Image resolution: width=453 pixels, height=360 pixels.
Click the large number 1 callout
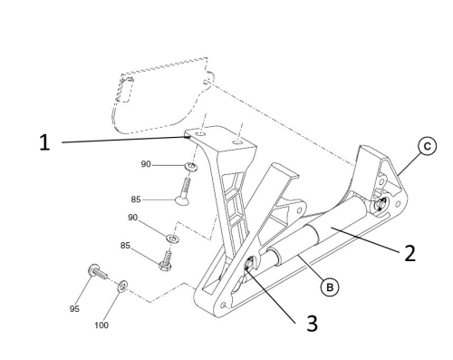[x=44, y=142]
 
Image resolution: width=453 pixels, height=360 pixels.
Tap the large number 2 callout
[x=410, y=253]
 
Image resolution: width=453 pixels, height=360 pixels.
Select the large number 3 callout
[x=313, y=323]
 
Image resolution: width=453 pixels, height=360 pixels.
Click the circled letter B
[x=330, y=287]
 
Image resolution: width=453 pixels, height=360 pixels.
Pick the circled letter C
[x=427, y=146]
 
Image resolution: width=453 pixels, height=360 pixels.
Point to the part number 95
[x=74, y=308]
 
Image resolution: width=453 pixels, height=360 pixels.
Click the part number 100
[x=101, y=326]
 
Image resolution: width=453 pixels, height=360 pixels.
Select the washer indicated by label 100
[x=122, y=286]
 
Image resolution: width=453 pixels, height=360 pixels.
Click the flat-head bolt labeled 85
[x=184, y=191]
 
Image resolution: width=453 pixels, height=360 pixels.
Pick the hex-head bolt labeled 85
[x=166, y=261]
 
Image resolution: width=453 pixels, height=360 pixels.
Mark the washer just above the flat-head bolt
[x=191, y=166]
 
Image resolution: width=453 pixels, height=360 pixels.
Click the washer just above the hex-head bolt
[x=173, y=238]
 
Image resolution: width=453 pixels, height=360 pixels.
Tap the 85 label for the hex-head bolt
[x=125, y=246]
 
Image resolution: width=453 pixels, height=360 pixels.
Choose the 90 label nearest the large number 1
[x=146, y=164]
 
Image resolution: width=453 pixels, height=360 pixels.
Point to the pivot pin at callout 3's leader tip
[x=249, y=264]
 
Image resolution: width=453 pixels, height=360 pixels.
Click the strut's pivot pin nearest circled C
[x=380, y=204]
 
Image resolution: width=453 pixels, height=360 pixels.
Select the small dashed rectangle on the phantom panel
[x=126, y=90]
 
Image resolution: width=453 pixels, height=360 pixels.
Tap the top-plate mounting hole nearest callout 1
[x=200, y=133]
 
